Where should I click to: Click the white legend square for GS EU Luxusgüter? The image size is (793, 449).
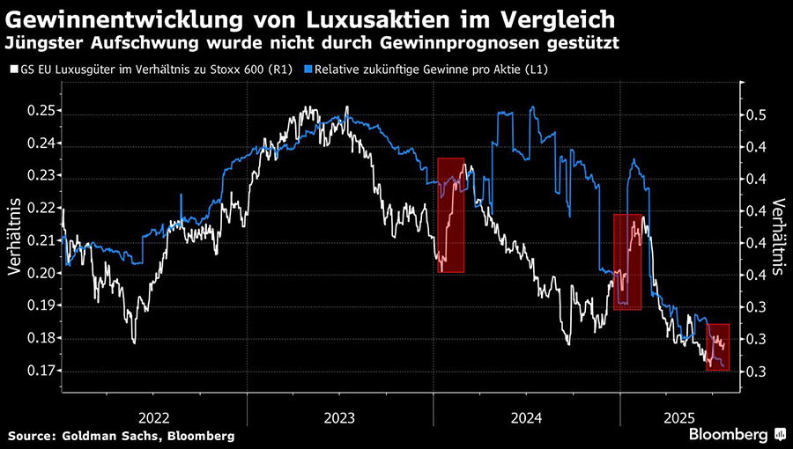(13, 69)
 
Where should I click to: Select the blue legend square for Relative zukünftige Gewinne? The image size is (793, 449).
(308, 69)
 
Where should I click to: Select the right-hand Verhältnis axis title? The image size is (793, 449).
(779, 238)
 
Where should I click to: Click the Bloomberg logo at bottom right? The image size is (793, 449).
(729, 434)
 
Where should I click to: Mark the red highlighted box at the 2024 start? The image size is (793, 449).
(451, 215)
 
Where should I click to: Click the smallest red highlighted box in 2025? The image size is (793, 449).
(718, 347)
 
